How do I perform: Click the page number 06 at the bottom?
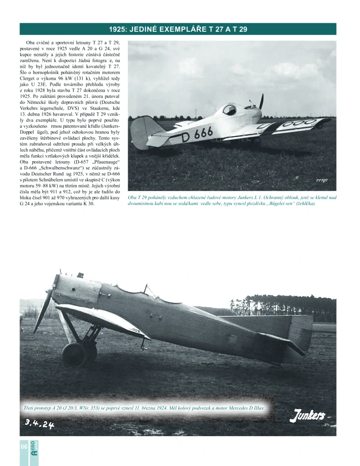(24, 447)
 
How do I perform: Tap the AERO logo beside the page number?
(34, 447)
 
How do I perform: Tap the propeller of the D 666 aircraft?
(261, 103)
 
